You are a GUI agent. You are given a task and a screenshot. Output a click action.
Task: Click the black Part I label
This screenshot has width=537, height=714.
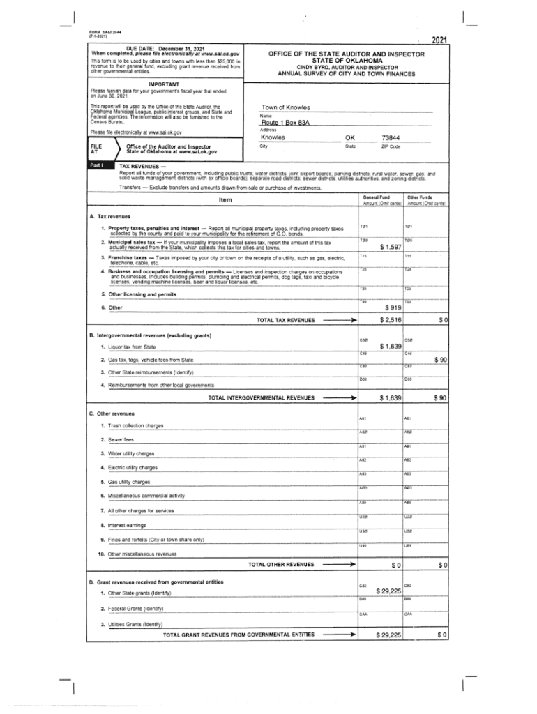coord(95,165)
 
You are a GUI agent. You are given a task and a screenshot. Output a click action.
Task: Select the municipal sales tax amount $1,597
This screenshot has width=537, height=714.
coord(391,248)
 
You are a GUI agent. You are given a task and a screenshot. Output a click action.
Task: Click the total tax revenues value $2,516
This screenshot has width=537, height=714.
coord(390,320)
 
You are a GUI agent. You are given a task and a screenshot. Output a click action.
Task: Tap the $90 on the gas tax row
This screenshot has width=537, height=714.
coord(440,360)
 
